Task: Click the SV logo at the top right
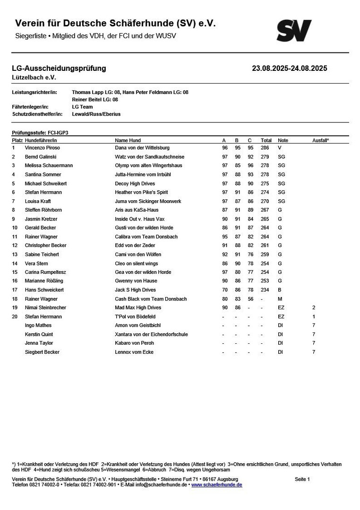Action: coord(294,31)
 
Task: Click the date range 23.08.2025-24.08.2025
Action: coord(289,68)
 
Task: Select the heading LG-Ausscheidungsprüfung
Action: coord(59,68)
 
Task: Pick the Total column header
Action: coord(266,140)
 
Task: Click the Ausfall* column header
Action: coord(320,140)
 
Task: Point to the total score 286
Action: coord(265,148)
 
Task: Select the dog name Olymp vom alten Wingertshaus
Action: coord(148,166)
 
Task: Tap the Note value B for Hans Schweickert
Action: coord(279,290)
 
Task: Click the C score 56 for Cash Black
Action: coord(250,299)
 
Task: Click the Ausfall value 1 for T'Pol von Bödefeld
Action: coord(314,316)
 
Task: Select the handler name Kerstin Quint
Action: coord(39,334)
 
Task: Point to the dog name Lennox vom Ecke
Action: coord(134,352)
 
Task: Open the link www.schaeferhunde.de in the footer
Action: coord(216,485)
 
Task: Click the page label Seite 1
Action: coord(302,479)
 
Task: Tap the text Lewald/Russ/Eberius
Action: coord(96,114)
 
